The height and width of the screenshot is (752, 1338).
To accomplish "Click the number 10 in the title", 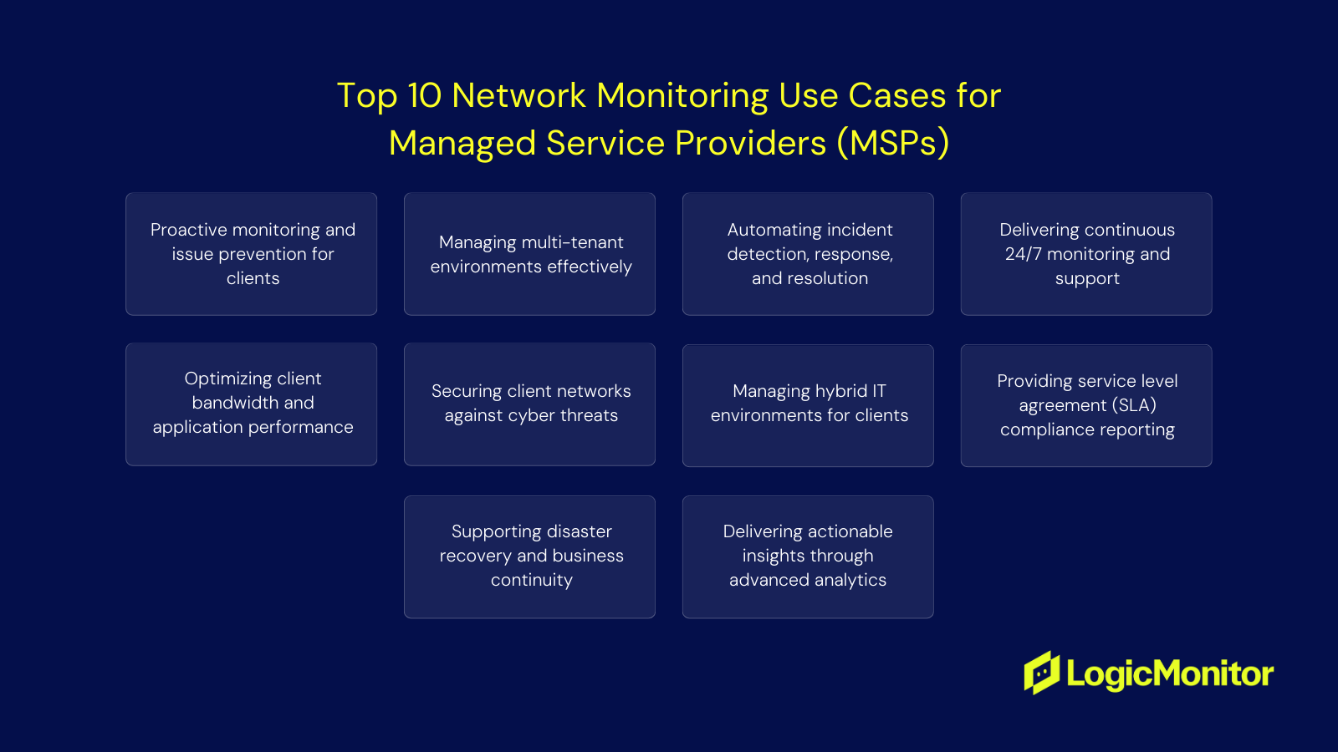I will pos(424,96).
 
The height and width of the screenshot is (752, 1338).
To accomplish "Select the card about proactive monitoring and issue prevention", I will pos(251,254).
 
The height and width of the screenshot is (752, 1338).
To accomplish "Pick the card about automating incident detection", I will pos(808,254).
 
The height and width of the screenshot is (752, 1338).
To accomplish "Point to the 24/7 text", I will pos(1023,254).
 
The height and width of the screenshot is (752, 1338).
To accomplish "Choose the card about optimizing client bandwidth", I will pos(251,404).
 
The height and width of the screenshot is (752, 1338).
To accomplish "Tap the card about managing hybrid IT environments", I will pos(808,405).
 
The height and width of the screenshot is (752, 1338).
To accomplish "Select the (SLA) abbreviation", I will pos(1134,405).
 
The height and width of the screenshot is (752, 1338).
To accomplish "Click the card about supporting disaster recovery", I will pos(529,557).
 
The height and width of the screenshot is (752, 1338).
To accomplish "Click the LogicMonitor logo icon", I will pos(1042,673).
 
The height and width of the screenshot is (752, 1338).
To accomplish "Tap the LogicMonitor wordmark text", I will pos(1170,673).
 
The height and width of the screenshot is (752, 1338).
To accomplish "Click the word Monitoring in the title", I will pos(682,96).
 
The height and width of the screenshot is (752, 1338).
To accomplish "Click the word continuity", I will pos(532,580).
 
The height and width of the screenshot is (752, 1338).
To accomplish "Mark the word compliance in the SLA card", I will pos(1046,429).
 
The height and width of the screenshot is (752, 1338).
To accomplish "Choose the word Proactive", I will pos(189,230).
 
